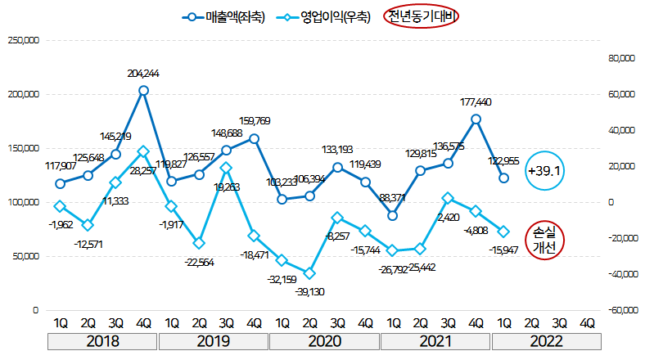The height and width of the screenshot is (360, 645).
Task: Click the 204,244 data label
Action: coord(143,74)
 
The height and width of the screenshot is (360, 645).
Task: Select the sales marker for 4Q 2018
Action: coord(143,91)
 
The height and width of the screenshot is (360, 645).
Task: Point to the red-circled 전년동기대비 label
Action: coord(422,16)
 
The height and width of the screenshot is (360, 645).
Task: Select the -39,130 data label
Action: coord(309,290)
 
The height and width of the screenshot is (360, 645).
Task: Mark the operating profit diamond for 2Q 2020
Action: coord(309,273)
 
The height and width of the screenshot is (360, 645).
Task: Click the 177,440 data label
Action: coord(476,102)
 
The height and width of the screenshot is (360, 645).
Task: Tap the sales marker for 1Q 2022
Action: coord(503,178)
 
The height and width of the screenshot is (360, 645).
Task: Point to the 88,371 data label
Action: coord(392,198)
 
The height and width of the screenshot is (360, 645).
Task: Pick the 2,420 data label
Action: coord(449,218)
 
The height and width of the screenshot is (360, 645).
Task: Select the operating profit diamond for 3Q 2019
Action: coord(227,168)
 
